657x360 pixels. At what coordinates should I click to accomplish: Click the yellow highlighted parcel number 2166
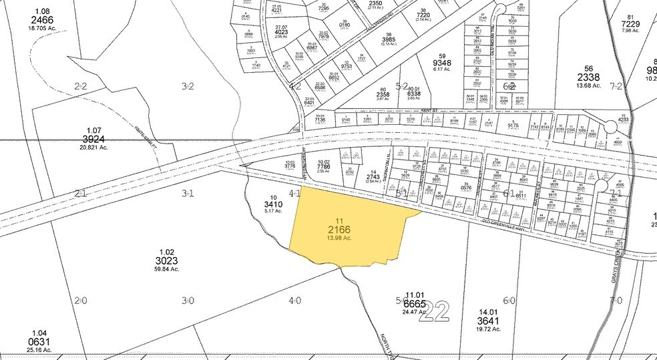(339, 230)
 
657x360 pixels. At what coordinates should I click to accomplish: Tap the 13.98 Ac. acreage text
(339, 239)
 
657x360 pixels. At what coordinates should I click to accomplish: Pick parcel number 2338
(589, 77)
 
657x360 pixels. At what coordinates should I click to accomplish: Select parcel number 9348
(442, 63)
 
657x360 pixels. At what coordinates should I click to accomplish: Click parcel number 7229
(630, 24)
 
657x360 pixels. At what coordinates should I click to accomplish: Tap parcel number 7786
(324, 165)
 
